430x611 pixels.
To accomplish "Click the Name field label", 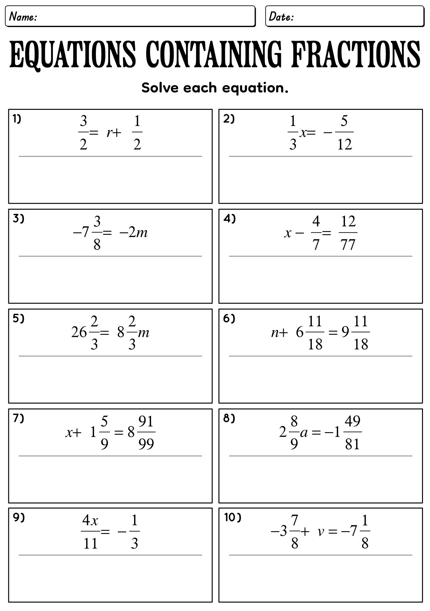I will point(23,17).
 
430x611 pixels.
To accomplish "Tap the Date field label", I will point(281,17).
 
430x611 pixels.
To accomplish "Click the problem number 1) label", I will point(17,119).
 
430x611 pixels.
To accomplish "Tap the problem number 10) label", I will point(233,518).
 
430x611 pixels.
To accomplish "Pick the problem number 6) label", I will point(229,319).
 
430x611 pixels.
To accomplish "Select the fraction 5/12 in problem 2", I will point(344,133).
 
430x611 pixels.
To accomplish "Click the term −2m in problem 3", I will point(133,233).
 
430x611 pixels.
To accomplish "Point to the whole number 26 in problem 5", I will point(79,333).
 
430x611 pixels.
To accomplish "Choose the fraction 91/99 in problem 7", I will point(146,432).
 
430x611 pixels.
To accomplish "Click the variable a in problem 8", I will point(304,432).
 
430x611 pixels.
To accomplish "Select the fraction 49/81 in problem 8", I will point(352,432).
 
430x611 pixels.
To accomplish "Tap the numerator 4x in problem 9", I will point(90,521).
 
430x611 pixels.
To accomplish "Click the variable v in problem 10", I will point(321,532).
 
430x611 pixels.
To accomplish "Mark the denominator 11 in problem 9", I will point(90,544).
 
